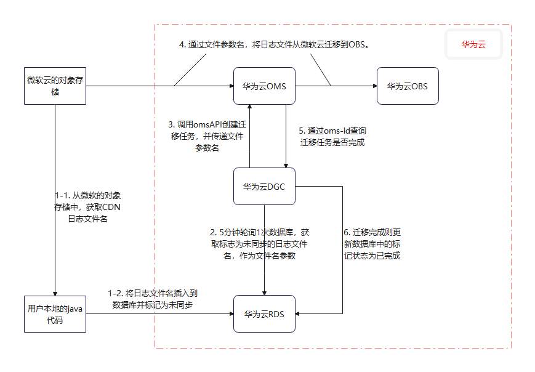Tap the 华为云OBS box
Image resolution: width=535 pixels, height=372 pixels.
[407, 86]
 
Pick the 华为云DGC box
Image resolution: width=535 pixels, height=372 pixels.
[264, 186]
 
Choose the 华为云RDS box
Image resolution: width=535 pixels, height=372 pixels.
[264, 314]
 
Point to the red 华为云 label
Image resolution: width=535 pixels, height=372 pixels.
[474, 45]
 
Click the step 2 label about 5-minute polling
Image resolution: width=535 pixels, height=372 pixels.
[259, 245]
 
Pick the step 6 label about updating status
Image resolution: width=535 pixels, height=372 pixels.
[372, 245]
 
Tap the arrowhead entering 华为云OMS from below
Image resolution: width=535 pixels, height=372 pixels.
[249, 108]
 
